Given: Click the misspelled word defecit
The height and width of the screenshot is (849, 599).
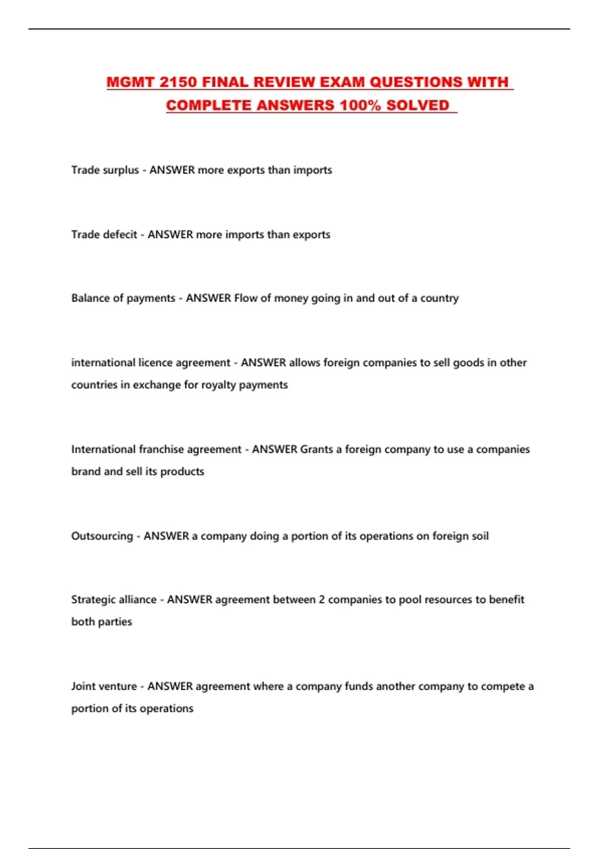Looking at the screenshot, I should pos(119,235).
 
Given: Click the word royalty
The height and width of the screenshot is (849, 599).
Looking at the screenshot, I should pos(218,385).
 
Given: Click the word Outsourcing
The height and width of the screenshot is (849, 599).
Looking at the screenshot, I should pos(102,536).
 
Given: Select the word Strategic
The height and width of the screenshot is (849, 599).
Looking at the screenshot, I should pos(93,600).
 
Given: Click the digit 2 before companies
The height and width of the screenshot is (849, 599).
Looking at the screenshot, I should pos(322,600).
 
